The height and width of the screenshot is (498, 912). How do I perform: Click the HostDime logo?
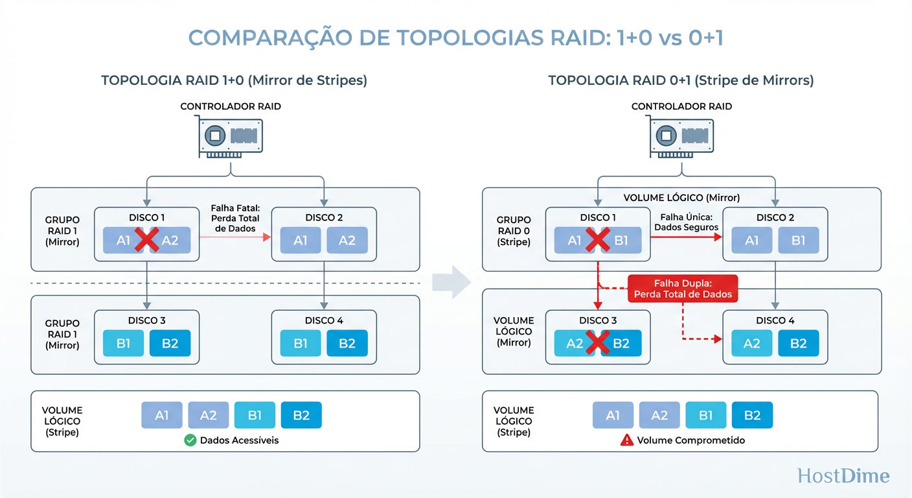click(843, 475)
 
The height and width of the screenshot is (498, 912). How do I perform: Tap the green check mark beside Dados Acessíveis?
click(190, 440)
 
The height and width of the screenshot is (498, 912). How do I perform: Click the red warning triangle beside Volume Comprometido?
click(626, 440)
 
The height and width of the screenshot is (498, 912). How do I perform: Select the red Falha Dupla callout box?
click(683, 289)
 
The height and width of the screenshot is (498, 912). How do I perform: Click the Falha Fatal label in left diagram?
click(234, 219)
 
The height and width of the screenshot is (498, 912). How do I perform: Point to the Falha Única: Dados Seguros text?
click(686, 222)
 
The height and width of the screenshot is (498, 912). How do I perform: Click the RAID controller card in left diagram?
click(231, 137)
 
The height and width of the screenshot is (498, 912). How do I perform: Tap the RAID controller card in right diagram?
click(681, 137)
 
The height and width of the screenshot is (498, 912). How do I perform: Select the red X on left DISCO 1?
click(147, 241)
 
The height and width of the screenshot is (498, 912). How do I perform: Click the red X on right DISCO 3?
click(598, 344)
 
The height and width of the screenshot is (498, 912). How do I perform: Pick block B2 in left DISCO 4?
click(347, 344)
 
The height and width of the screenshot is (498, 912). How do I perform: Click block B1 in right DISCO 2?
click(798, 241)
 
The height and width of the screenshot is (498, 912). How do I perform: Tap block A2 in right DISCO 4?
click(751, 344)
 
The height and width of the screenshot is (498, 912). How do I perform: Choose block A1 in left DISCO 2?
click(301, 241)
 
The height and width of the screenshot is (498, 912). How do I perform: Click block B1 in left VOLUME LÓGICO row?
click(255, 415)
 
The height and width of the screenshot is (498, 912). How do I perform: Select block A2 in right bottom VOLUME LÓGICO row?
click(659, 415)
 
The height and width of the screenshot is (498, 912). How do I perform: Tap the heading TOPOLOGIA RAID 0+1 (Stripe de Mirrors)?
click(681, 80)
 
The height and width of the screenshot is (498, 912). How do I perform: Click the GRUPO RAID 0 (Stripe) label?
click(514, 231)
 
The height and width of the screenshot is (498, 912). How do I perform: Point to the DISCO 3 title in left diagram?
click(147, 320)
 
